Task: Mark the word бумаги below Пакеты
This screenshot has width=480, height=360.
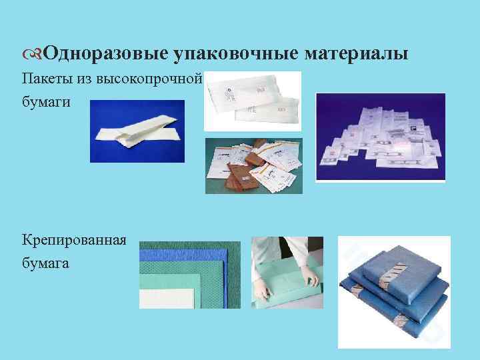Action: tap(45, 104)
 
